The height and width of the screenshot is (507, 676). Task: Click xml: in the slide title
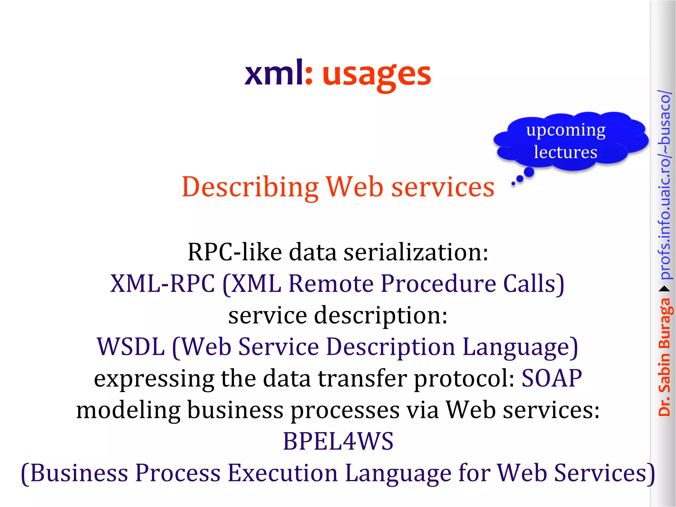coord(278,73)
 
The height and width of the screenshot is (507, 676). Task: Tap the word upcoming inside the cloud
coord(566,130)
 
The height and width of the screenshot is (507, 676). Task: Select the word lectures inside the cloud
coord(565,152)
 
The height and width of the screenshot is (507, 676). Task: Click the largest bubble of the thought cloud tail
coord(529,172)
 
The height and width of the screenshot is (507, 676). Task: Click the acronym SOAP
coord(552,378)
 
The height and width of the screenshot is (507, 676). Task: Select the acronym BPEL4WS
coord(338,441)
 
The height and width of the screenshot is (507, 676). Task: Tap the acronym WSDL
coord(131,347)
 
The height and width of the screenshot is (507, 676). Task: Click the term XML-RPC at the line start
coord(162,284)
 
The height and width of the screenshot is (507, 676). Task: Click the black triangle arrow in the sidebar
coord(664,289)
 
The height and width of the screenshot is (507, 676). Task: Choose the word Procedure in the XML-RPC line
coord(438,284)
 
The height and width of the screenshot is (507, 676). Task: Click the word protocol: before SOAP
coord(464,378)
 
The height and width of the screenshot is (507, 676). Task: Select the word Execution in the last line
coord(283,473)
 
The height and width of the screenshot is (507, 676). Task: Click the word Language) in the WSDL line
coord(520,347)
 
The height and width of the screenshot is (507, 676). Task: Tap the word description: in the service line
coord(381,315)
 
